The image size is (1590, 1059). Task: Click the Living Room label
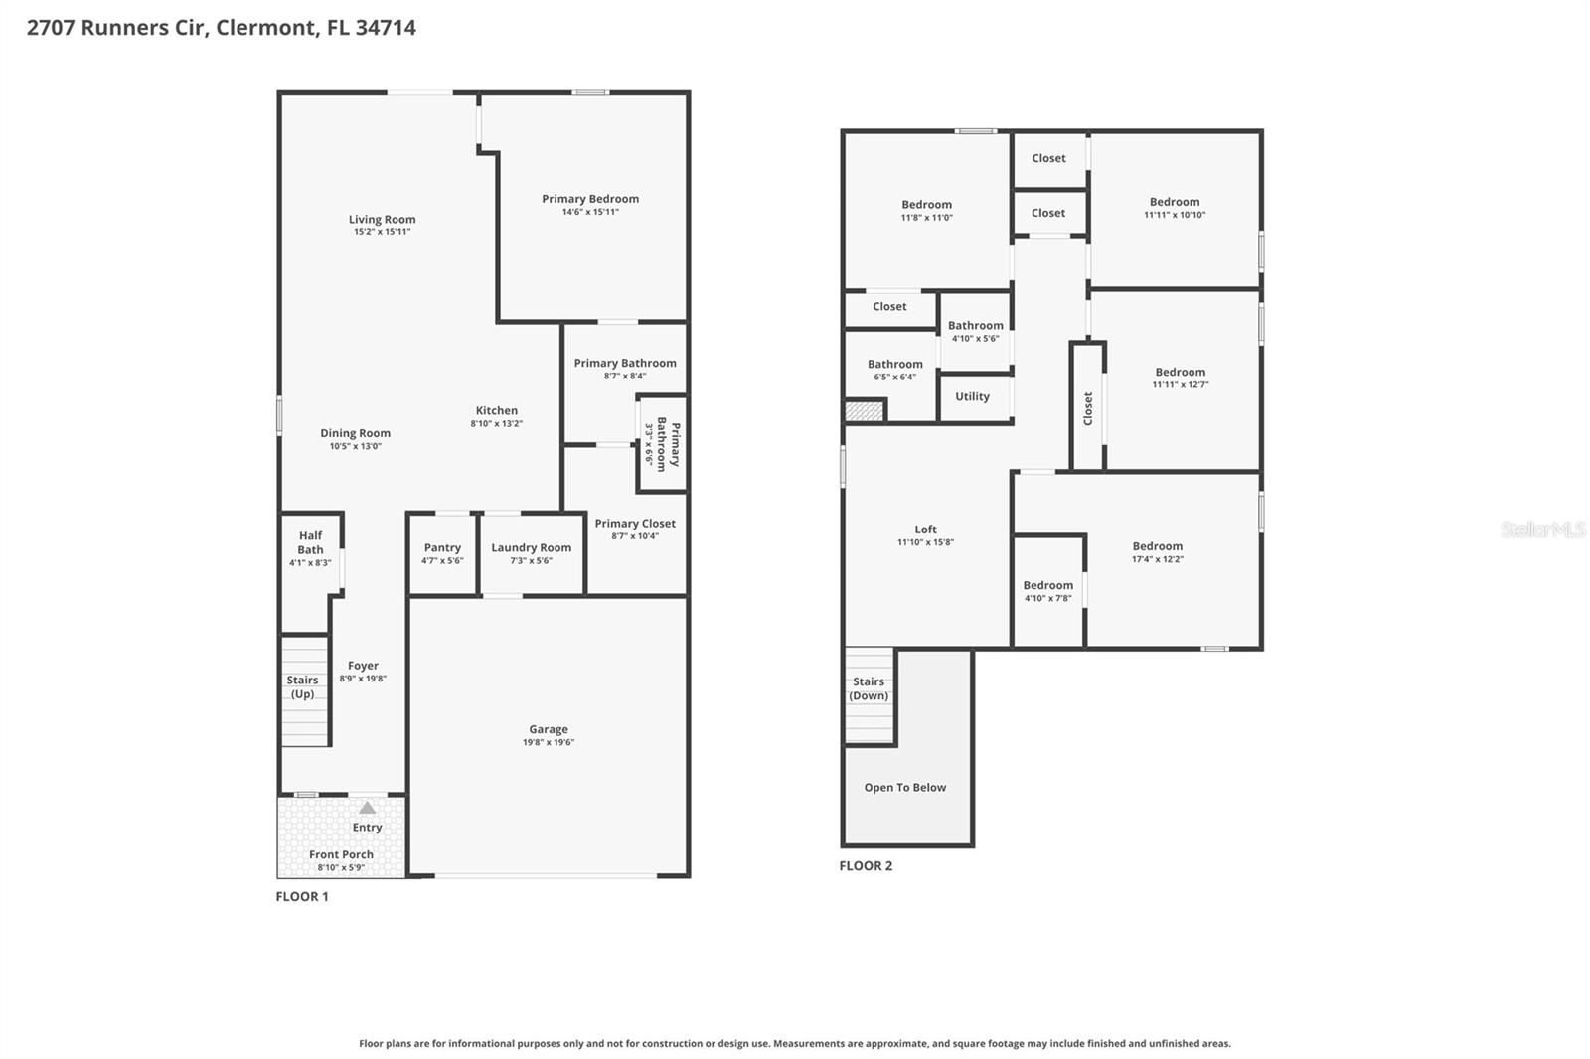pos(382,220)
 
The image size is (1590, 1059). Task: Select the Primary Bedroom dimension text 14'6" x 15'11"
pos(590,212)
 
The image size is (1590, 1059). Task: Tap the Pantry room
pos(442,553)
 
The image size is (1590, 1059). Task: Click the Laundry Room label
pos(531,547)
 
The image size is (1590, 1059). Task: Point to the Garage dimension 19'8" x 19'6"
pos(549,742)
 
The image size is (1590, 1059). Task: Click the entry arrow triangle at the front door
pos(368,808)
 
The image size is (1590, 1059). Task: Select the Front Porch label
pos(341,854)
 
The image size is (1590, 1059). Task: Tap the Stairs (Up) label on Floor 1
pos(303,687)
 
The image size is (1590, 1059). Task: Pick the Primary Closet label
pos(635,524)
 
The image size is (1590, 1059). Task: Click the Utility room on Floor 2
pos(972,396)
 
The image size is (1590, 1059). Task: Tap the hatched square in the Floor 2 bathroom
pos(864,410)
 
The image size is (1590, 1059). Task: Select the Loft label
pos(925,529)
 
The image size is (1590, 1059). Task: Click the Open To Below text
pos(904,788)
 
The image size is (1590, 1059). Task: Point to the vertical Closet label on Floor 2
pos(1088,408)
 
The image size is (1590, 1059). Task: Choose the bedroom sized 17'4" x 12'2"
pos(1158,552)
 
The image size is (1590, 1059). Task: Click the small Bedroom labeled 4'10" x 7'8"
pos(1047,591)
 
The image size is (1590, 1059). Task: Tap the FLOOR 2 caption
pos(866,866)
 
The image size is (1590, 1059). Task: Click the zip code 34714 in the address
pos(386,28)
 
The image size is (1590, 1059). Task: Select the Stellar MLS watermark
pos(1542,529)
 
